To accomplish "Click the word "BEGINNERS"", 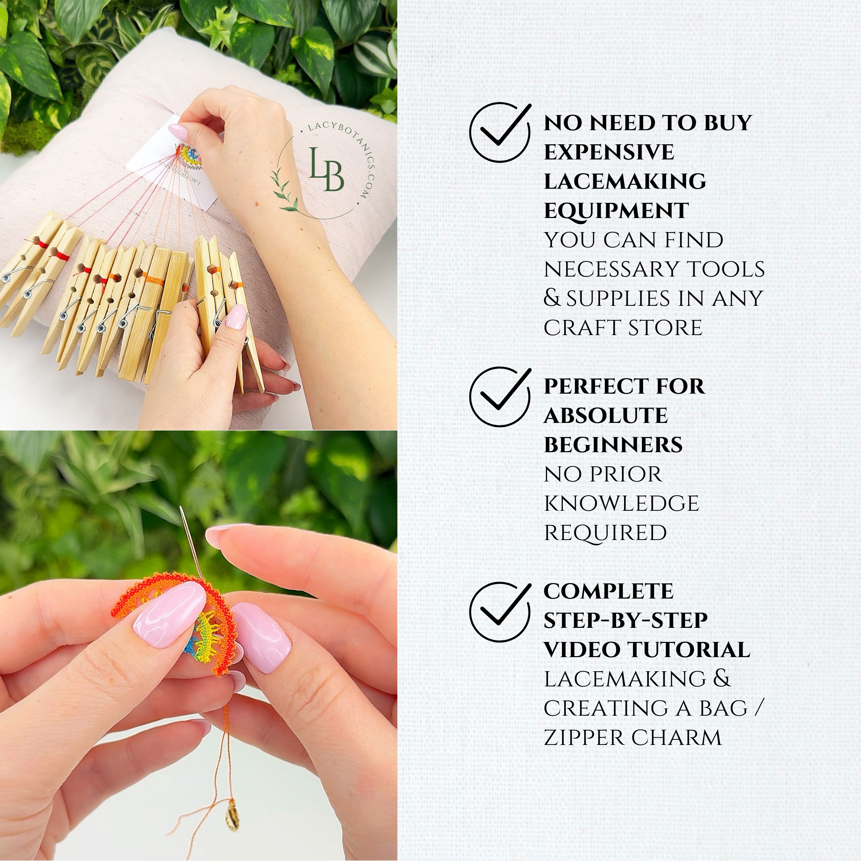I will pos(613,445).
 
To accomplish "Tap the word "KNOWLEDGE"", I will pos(621,504).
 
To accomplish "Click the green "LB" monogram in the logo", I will pos(326,170).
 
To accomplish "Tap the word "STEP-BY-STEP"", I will pos(625,620).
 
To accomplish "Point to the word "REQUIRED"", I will pos(605,533).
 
